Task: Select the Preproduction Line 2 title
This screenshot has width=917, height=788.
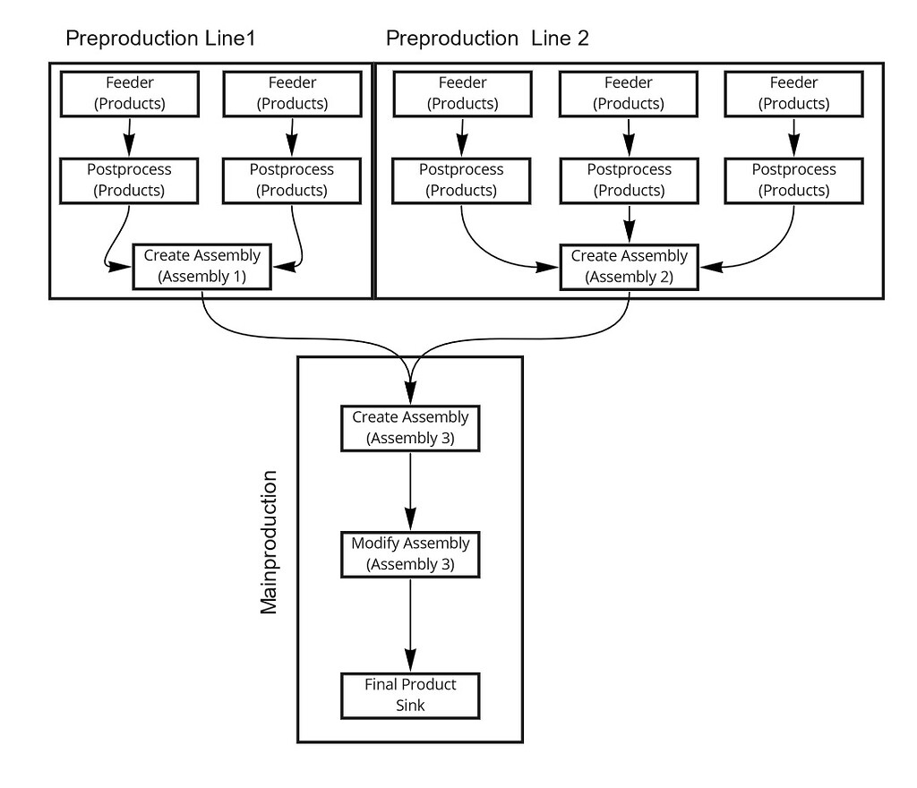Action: click(x=486, y=39)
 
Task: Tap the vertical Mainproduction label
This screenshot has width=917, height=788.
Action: click(x=269, y=543)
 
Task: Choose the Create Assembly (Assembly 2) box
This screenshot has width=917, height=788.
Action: click(x=629, y=266)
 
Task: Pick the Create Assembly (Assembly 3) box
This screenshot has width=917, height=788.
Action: click(x=410, y=428)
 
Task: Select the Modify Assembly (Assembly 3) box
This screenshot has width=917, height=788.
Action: click(x=410, y=554)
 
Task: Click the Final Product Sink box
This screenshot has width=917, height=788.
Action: click(x=410, y=695)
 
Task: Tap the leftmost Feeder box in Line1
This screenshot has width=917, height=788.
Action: click(x=130, y=93)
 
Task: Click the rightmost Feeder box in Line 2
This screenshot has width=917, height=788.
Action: click(x=793, y=93)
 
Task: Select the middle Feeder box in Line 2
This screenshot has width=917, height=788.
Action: click(x=629, y=93)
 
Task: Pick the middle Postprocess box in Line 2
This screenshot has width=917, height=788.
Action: click(x=629, y=180)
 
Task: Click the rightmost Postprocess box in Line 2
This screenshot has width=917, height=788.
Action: click(x=793, y=180)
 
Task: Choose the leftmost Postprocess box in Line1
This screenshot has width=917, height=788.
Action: click(x=130, y=180)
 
